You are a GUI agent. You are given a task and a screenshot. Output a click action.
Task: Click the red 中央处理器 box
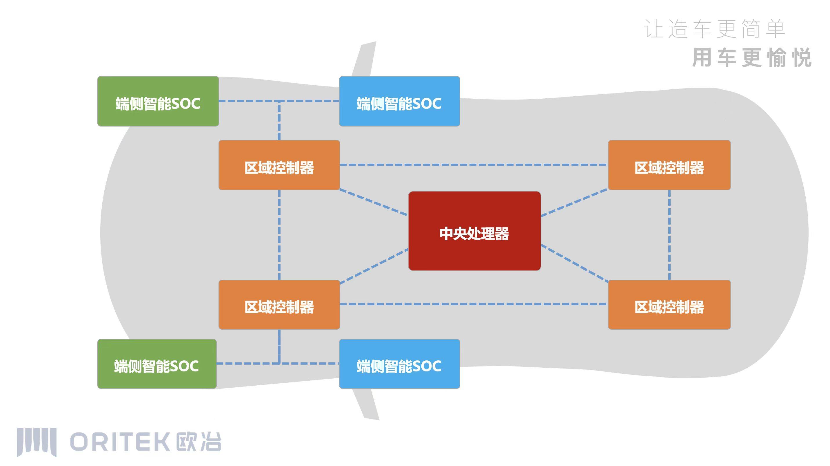click(474, 231)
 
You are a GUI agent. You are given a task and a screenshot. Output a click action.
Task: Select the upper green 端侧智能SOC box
click(158, 101)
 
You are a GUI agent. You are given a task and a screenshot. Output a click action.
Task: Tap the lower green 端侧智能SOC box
click(157, 364)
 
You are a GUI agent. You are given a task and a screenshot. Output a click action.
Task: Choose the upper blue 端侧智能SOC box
click(399, 101)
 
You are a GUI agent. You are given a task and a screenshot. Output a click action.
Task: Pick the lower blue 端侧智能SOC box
click(399, 364)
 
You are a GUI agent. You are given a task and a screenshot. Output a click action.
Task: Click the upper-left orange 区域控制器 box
click(279, 165)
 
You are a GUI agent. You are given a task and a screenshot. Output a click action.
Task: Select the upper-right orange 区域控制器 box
click(669, 165)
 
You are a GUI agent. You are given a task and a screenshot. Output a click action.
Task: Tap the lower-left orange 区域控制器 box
click(279, 305)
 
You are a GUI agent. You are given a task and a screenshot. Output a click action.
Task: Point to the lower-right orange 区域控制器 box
click(669, 305)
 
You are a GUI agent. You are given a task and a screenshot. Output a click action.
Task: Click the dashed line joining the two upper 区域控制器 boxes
click(474, 165)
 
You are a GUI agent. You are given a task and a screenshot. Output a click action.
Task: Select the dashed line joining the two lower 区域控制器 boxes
click(474, 304)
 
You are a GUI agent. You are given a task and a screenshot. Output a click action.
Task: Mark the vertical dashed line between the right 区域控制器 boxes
click(669, 235)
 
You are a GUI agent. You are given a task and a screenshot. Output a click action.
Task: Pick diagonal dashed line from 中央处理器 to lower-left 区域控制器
click(374, 266)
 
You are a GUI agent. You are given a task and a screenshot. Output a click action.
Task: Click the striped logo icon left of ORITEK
click(37, 442)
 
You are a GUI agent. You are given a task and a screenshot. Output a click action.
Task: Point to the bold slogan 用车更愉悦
click(751, 58)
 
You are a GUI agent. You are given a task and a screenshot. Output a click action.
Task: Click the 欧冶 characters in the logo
click(199, 442)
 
